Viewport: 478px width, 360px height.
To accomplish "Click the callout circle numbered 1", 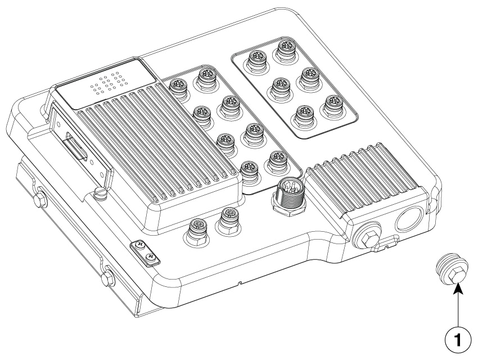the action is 458,339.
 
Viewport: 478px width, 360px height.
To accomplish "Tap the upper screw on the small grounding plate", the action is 140,244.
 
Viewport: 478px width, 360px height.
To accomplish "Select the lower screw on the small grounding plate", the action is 150,256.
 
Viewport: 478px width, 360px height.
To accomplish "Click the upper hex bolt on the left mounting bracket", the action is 40,200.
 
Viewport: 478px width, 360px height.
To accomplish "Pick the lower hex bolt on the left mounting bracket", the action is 107,278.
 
